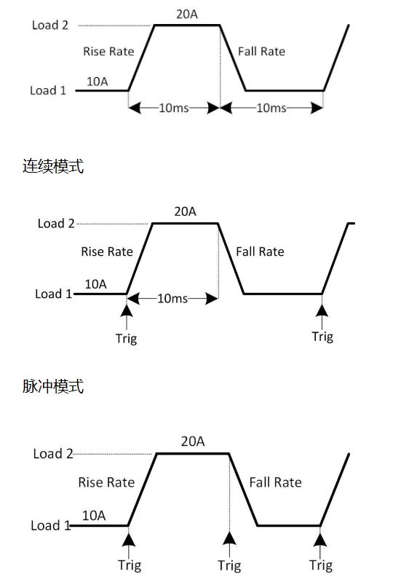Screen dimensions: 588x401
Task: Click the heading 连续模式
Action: click(53, 166)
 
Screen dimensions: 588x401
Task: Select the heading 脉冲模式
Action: click(53, 386)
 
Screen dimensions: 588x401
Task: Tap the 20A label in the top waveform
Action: click(186, 13)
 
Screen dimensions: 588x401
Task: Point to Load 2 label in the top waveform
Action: click(50, 26)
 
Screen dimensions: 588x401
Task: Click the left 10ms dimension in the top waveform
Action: click(174, 108)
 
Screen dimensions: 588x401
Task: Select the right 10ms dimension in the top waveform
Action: click(271, 108)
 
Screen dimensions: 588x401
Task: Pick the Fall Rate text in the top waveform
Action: click(261, 51)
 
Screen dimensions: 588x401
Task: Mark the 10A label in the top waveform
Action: click(97, 81)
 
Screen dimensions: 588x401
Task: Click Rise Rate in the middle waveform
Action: click(107, 251)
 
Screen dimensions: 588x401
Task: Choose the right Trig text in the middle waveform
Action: click(322, 337)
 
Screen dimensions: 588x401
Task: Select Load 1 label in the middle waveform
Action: click(54, 294)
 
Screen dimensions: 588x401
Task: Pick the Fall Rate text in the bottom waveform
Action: click(275, 482)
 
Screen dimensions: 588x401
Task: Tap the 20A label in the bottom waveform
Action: click(192, 442)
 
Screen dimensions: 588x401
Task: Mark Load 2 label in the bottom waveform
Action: click(53, 454)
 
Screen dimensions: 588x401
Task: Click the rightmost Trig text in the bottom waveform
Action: click(320, 565)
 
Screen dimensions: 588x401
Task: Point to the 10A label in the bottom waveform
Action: click(94, 516)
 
